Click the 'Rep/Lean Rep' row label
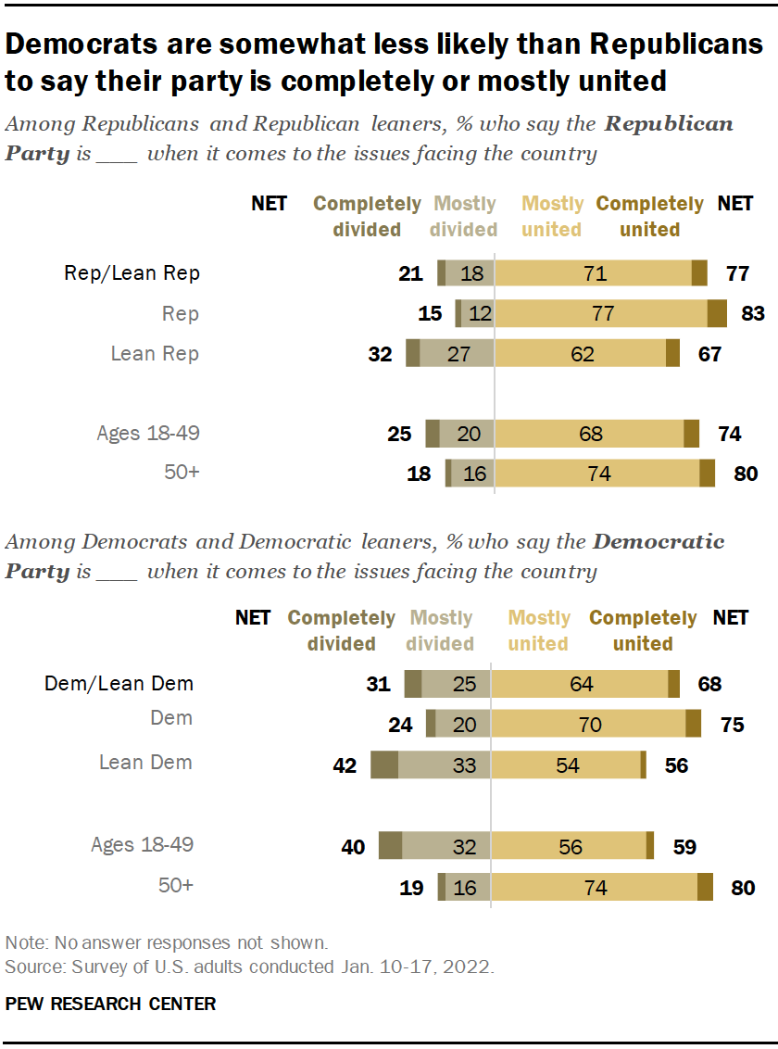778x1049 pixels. [132, 273]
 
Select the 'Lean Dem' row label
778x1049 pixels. [145, 763]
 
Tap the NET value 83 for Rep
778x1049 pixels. [752, 314]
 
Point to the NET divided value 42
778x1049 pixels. [345, 765]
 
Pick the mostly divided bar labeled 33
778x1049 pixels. [444, 765]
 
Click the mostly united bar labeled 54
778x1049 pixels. [565, 765]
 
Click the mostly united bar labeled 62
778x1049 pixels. [581, 354]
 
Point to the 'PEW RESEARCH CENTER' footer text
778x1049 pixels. [110, 1004]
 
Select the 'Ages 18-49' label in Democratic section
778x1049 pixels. [142, 844]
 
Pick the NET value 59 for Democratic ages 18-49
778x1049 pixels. [684, 846]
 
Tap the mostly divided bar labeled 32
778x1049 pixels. [446, 846]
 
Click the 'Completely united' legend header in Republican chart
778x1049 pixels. [649, 216]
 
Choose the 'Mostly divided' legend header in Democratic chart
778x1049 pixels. [441, 630]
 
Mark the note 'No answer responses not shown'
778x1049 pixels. [167, 943]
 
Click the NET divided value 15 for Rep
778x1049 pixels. [430, 314]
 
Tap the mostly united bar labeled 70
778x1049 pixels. [589, 725]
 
